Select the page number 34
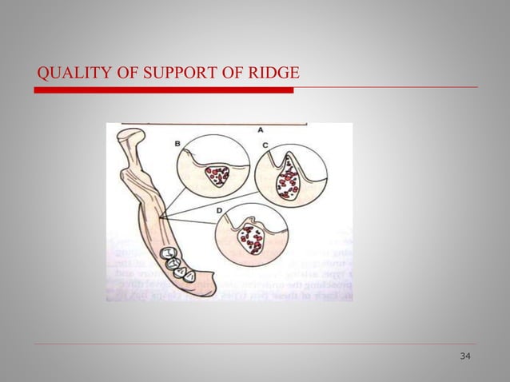[x=465, y=355]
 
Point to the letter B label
[x=177, y=144]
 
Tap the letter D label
[x=220, y=209]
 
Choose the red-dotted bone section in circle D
[x=255, y=237]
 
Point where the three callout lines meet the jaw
[x=160, y=217]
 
